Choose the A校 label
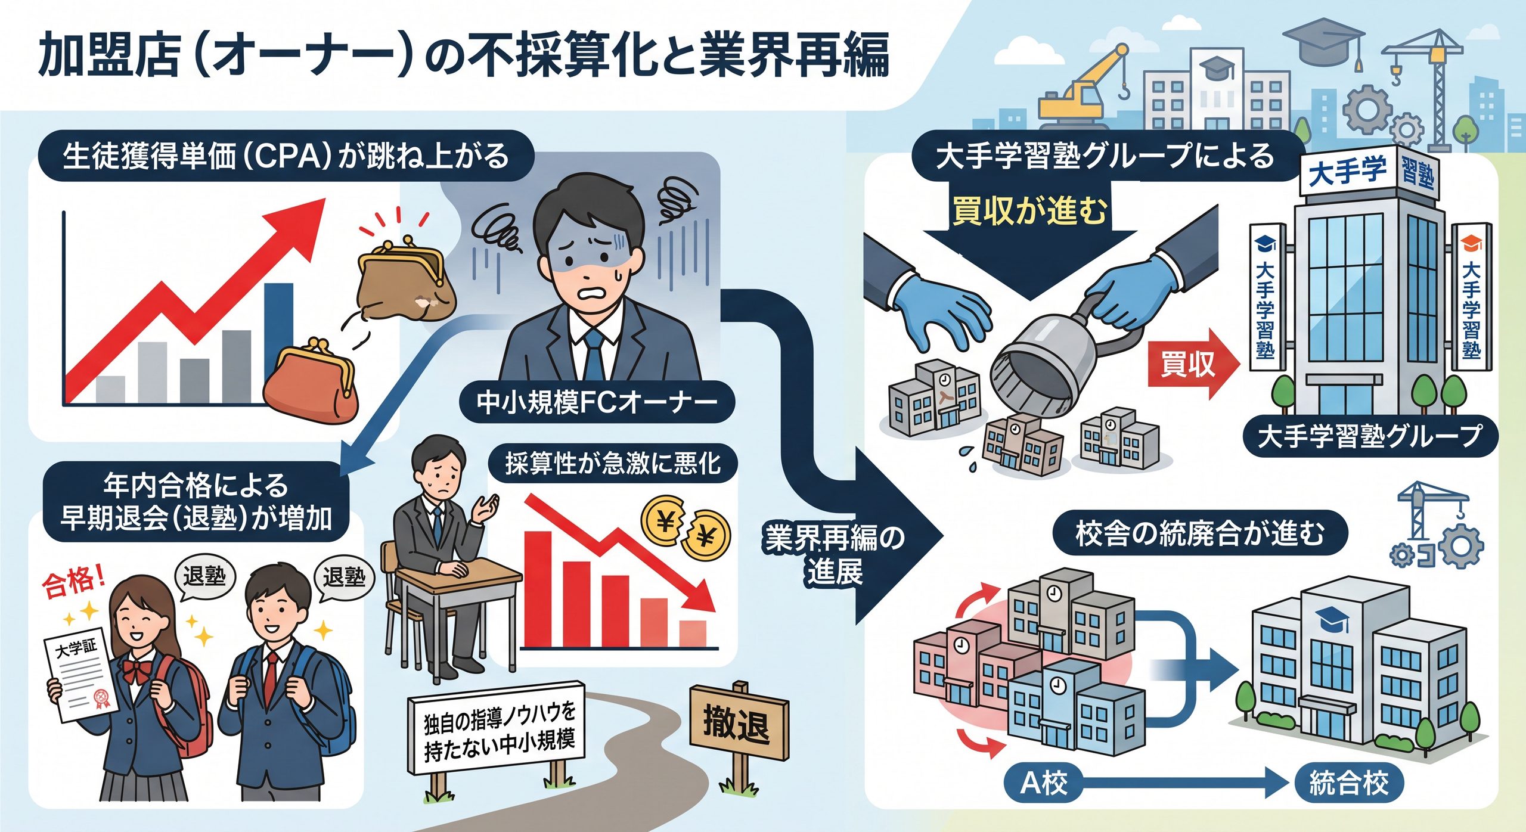[x=1044, y=783]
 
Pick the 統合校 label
[x=1348, y=783]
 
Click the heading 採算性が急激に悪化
[x=613, y=463]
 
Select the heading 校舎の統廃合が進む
[x=1200, y=533]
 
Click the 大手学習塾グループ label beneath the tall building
[x=1369, y=436]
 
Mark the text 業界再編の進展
[x=835, y=555]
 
